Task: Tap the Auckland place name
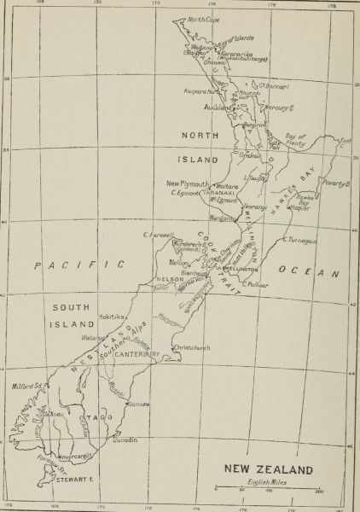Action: point(218,108)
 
